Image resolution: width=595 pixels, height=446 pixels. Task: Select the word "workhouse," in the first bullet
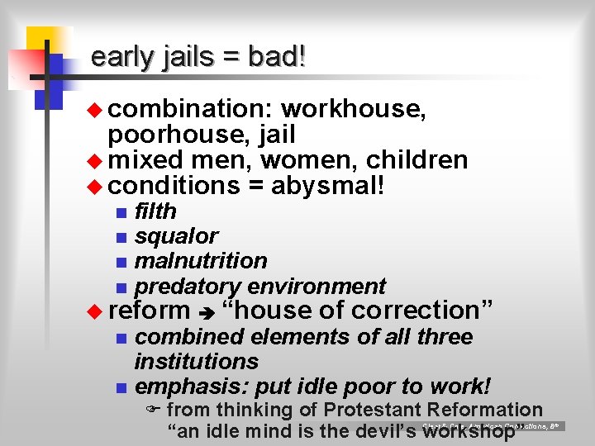[354, 109]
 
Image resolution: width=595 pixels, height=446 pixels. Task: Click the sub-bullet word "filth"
[155, 211]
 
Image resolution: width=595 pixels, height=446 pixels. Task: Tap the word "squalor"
[176, 236]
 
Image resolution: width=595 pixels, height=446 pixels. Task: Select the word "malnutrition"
[201, 261]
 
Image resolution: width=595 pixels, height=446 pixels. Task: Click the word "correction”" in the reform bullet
[428, 311]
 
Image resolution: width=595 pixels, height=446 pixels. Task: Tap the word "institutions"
[197, 361]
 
